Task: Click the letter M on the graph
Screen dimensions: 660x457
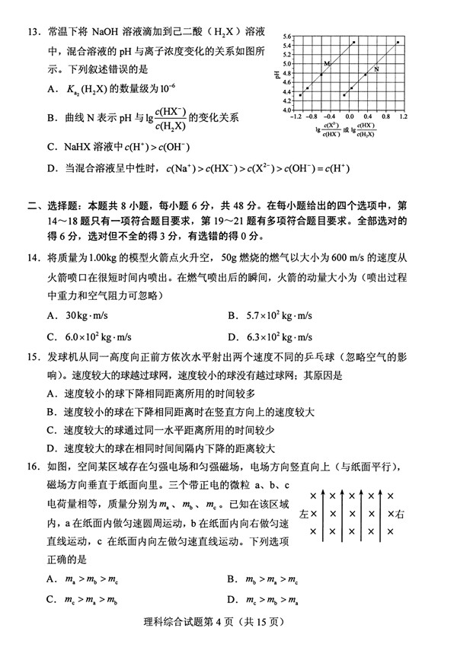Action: pyautogui.click(x=327, y=63)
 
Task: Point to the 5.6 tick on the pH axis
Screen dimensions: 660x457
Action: pyautogui.click(x=287, y=37)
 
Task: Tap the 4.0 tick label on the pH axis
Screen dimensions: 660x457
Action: pyautogui.click(x=287, y=110)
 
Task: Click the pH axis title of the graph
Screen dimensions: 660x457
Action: pyautogui.click(x=276, y=74)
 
